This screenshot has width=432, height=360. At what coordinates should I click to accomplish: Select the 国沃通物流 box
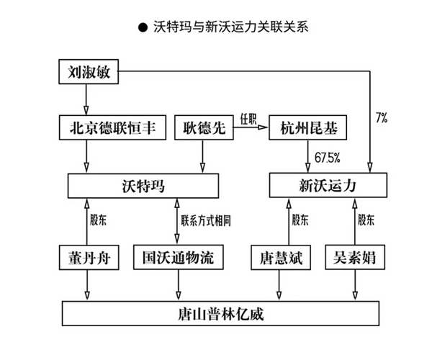click(x=178, y=257)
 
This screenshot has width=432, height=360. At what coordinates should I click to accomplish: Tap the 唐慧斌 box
click(x=282, y=257)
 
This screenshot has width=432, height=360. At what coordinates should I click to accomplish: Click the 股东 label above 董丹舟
click(x=99, y=221)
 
